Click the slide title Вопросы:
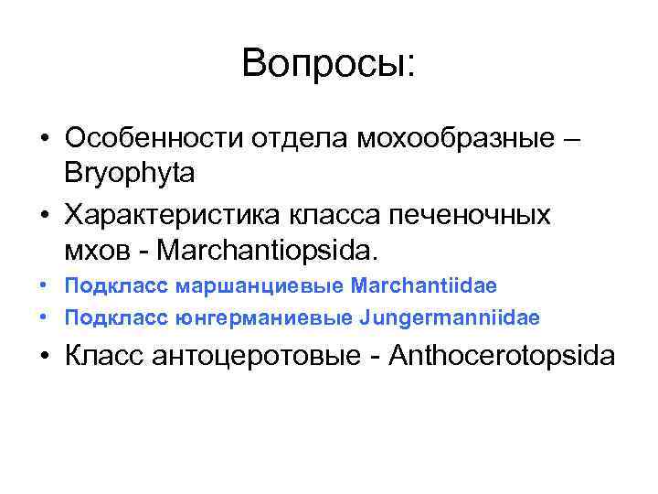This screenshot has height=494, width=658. tap(329, 63)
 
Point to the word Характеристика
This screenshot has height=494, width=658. tap(175, 215)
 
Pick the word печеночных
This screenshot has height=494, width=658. tap(471, 215)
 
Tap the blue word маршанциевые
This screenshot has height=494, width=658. tap(260, 285)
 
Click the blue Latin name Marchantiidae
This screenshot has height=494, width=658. tap(423, 285)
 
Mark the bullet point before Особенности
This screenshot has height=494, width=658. tap(45, 140)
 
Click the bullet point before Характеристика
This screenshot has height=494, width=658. tap(45, 215)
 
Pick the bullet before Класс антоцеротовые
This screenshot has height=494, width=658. tap(45, 356)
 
